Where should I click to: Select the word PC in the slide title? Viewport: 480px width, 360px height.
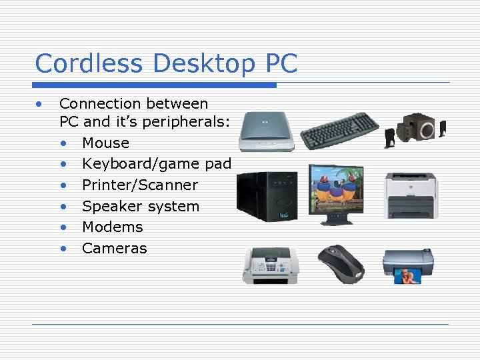point(281,64)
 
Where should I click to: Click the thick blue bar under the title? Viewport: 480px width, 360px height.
point(155,85)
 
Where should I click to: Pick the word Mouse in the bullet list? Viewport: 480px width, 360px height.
point(105,143)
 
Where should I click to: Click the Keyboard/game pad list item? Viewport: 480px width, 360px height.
point(157,164)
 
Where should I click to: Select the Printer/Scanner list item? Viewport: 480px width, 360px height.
point(140,185)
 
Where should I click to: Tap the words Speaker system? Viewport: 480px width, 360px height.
point(141,206)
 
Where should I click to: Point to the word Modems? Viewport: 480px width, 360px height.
point(112,227)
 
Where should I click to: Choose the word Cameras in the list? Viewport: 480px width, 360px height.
point(114,248)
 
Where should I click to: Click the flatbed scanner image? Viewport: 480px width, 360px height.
point(266,131)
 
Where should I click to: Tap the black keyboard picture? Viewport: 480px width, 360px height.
point(339,131)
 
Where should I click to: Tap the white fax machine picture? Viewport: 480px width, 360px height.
point(269,265)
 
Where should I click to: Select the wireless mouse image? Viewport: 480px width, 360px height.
point(341,263)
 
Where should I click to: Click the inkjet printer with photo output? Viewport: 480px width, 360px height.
point(408,265)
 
